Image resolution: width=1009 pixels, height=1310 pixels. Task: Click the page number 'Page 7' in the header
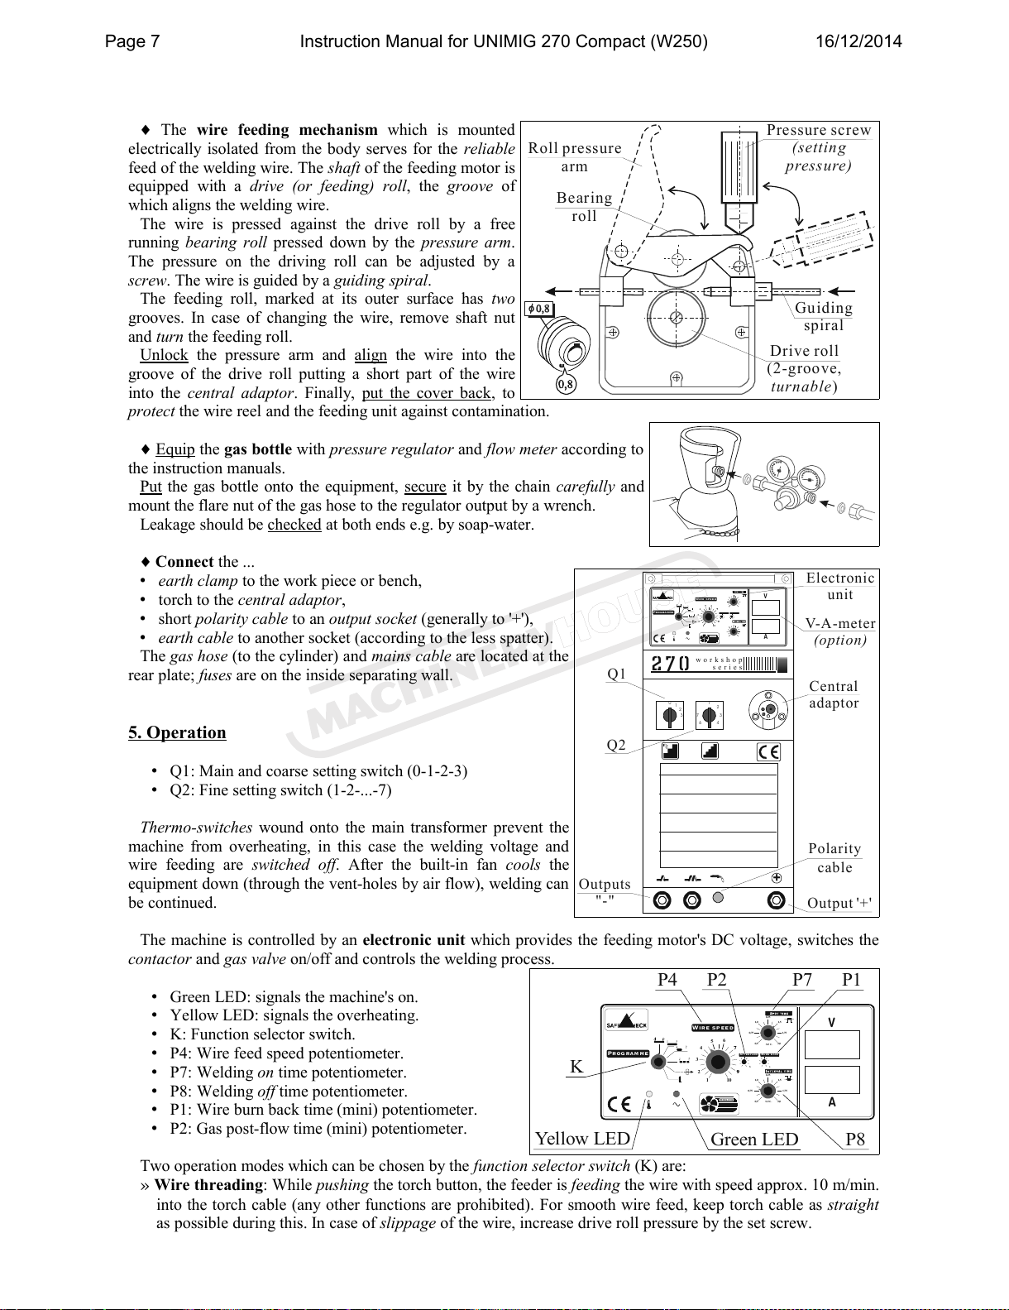(132, 41)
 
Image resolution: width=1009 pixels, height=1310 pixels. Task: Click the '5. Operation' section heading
(177, 732)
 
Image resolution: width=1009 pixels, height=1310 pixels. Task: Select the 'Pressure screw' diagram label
(819, 130)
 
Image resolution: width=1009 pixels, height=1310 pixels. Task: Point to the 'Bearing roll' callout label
(584, 207)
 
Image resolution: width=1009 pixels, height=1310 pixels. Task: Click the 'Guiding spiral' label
(823, 316)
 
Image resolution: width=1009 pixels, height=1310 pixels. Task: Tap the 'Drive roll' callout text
(804, 351)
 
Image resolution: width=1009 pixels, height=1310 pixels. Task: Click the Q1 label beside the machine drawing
(617, 674)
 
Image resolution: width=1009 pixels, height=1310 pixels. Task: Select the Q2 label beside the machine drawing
(616, 745)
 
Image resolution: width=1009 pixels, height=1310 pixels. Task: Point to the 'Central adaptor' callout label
(834, 694)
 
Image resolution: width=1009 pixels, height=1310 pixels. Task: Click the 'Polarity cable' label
(834, 857)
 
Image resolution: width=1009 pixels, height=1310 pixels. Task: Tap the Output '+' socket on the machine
(776, 900)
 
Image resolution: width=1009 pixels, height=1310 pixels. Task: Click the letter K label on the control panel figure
(576, 1066)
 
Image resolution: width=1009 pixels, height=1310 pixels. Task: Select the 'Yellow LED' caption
(582, 1139)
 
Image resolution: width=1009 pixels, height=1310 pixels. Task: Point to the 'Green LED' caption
(754, 1140)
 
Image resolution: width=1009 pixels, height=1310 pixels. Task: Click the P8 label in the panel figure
(855, 1140)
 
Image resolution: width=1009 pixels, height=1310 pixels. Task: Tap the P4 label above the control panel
(667, 980)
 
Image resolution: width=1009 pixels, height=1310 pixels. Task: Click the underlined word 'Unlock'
(164, 355)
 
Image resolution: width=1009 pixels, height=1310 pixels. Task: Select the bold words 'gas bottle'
(258, 449)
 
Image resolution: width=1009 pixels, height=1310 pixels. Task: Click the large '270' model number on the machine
(671, 664)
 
